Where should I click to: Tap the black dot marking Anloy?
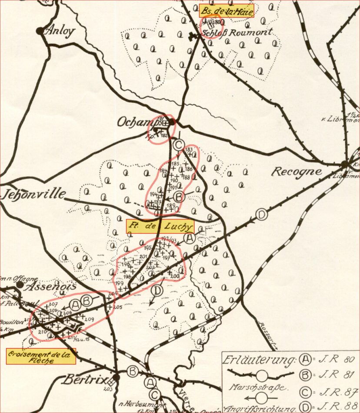click(40, 31)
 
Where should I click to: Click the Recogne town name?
click(297, 171)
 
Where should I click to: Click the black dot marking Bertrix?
click(116, 377)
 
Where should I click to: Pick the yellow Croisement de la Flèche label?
click(41, 356)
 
